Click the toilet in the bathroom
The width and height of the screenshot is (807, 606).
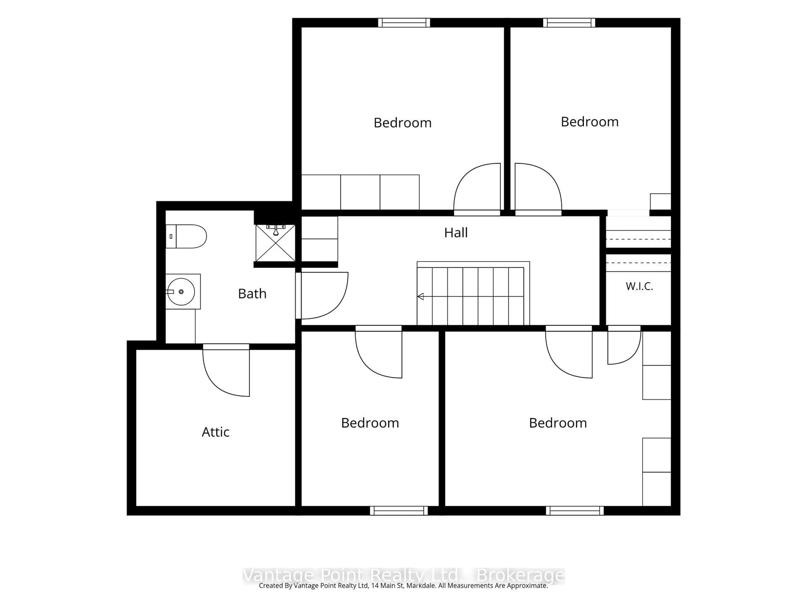[x=186, y=236]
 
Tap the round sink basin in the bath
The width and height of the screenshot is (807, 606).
[x=181, y=291]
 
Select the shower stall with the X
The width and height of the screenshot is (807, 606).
[x=276, y=243]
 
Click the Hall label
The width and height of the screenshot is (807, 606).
[x=456, y=233]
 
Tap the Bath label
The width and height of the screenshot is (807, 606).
[x=252, y=294]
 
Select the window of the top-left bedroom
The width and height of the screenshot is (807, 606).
[x=404, y=23]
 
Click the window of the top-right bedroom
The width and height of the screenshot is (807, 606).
[x=569, y=23]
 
